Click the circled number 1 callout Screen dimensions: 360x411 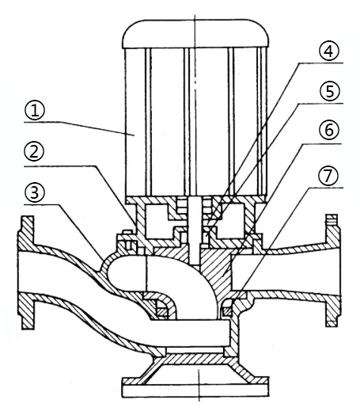(35, 111)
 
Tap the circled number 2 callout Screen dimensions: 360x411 (34, 151)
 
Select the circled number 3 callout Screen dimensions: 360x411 (35, 193)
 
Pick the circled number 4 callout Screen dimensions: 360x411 (328, 51)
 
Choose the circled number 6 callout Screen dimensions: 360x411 (328, 130)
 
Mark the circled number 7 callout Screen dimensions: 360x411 (328, 175)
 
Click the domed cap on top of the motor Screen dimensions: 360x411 (195, 34)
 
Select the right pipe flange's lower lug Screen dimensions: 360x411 (332, 313)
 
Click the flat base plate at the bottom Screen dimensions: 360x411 (195, 390)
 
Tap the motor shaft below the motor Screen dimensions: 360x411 (195, 230)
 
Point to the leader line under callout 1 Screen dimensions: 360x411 (79, 127)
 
